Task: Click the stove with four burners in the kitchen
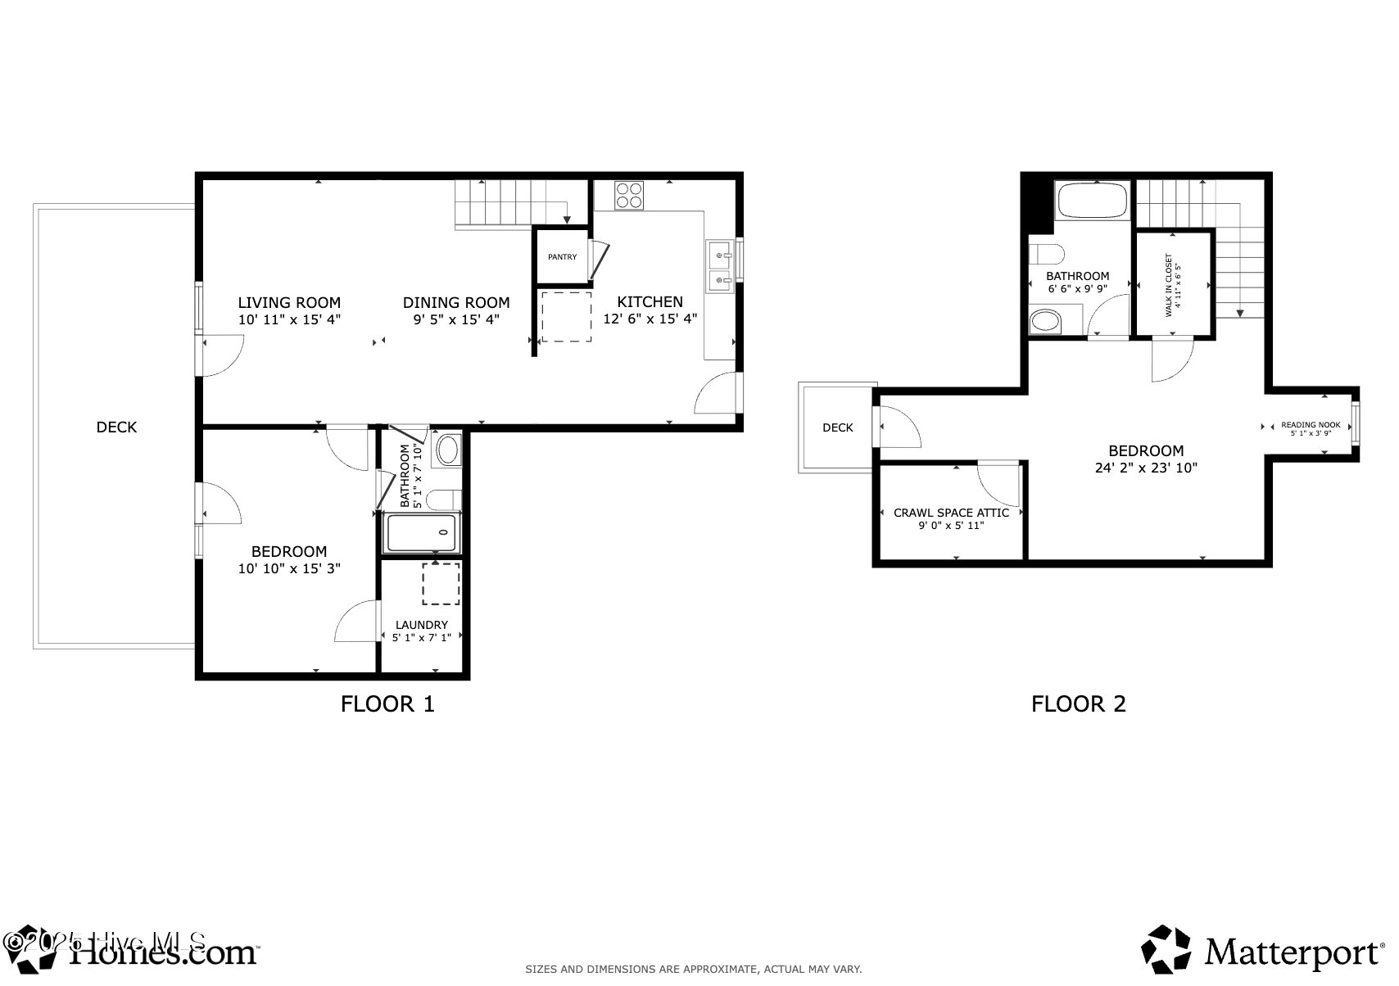pyautogui.click(x=629, y=196)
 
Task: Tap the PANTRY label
pyautogui.click(x=562, y=257)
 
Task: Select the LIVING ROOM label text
pyautogui.click(x=289, y=302)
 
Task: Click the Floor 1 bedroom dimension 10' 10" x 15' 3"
pyautogui.click(x=289, y=568)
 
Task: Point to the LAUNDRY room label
pyautogui.click(x=421, y=625)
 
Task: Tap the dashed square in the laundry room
pyautogui.click(x=441, y=583)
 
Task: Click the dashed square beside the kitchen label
pyautogui.click(x=566, y=317)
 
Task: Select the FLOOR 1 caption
pyautogui.click(x=387, y=703)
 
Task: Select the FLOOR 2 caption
pyautogui.click(x=1078, y=703)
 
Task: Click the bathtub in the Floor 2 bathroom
pyautogui.click(x=1093, y=200)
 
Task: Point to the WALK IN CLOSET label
pyautogui.click(x=1169, y=285)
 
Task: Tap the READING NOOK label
pyautogui.click(x=1311, y=425)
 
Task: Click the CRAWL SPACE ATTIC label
pyautogui.click(x=951, y=513)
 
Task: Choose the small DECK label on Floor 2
pyautogui.click(x=837, y=427)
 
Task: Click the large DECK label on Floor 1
pyautogui.click(x=116, y=427)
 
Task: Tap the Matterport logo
pyautogui.click(x=1262, y=953)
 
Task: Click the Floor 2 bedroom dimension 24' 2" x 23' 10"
pyautogui.click(x=1146, y=468)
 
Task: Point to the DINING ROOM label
pyautogui.click(x=456, y=302)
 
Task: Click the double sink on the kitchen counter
pyautogui.click(x=720, y=269)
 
